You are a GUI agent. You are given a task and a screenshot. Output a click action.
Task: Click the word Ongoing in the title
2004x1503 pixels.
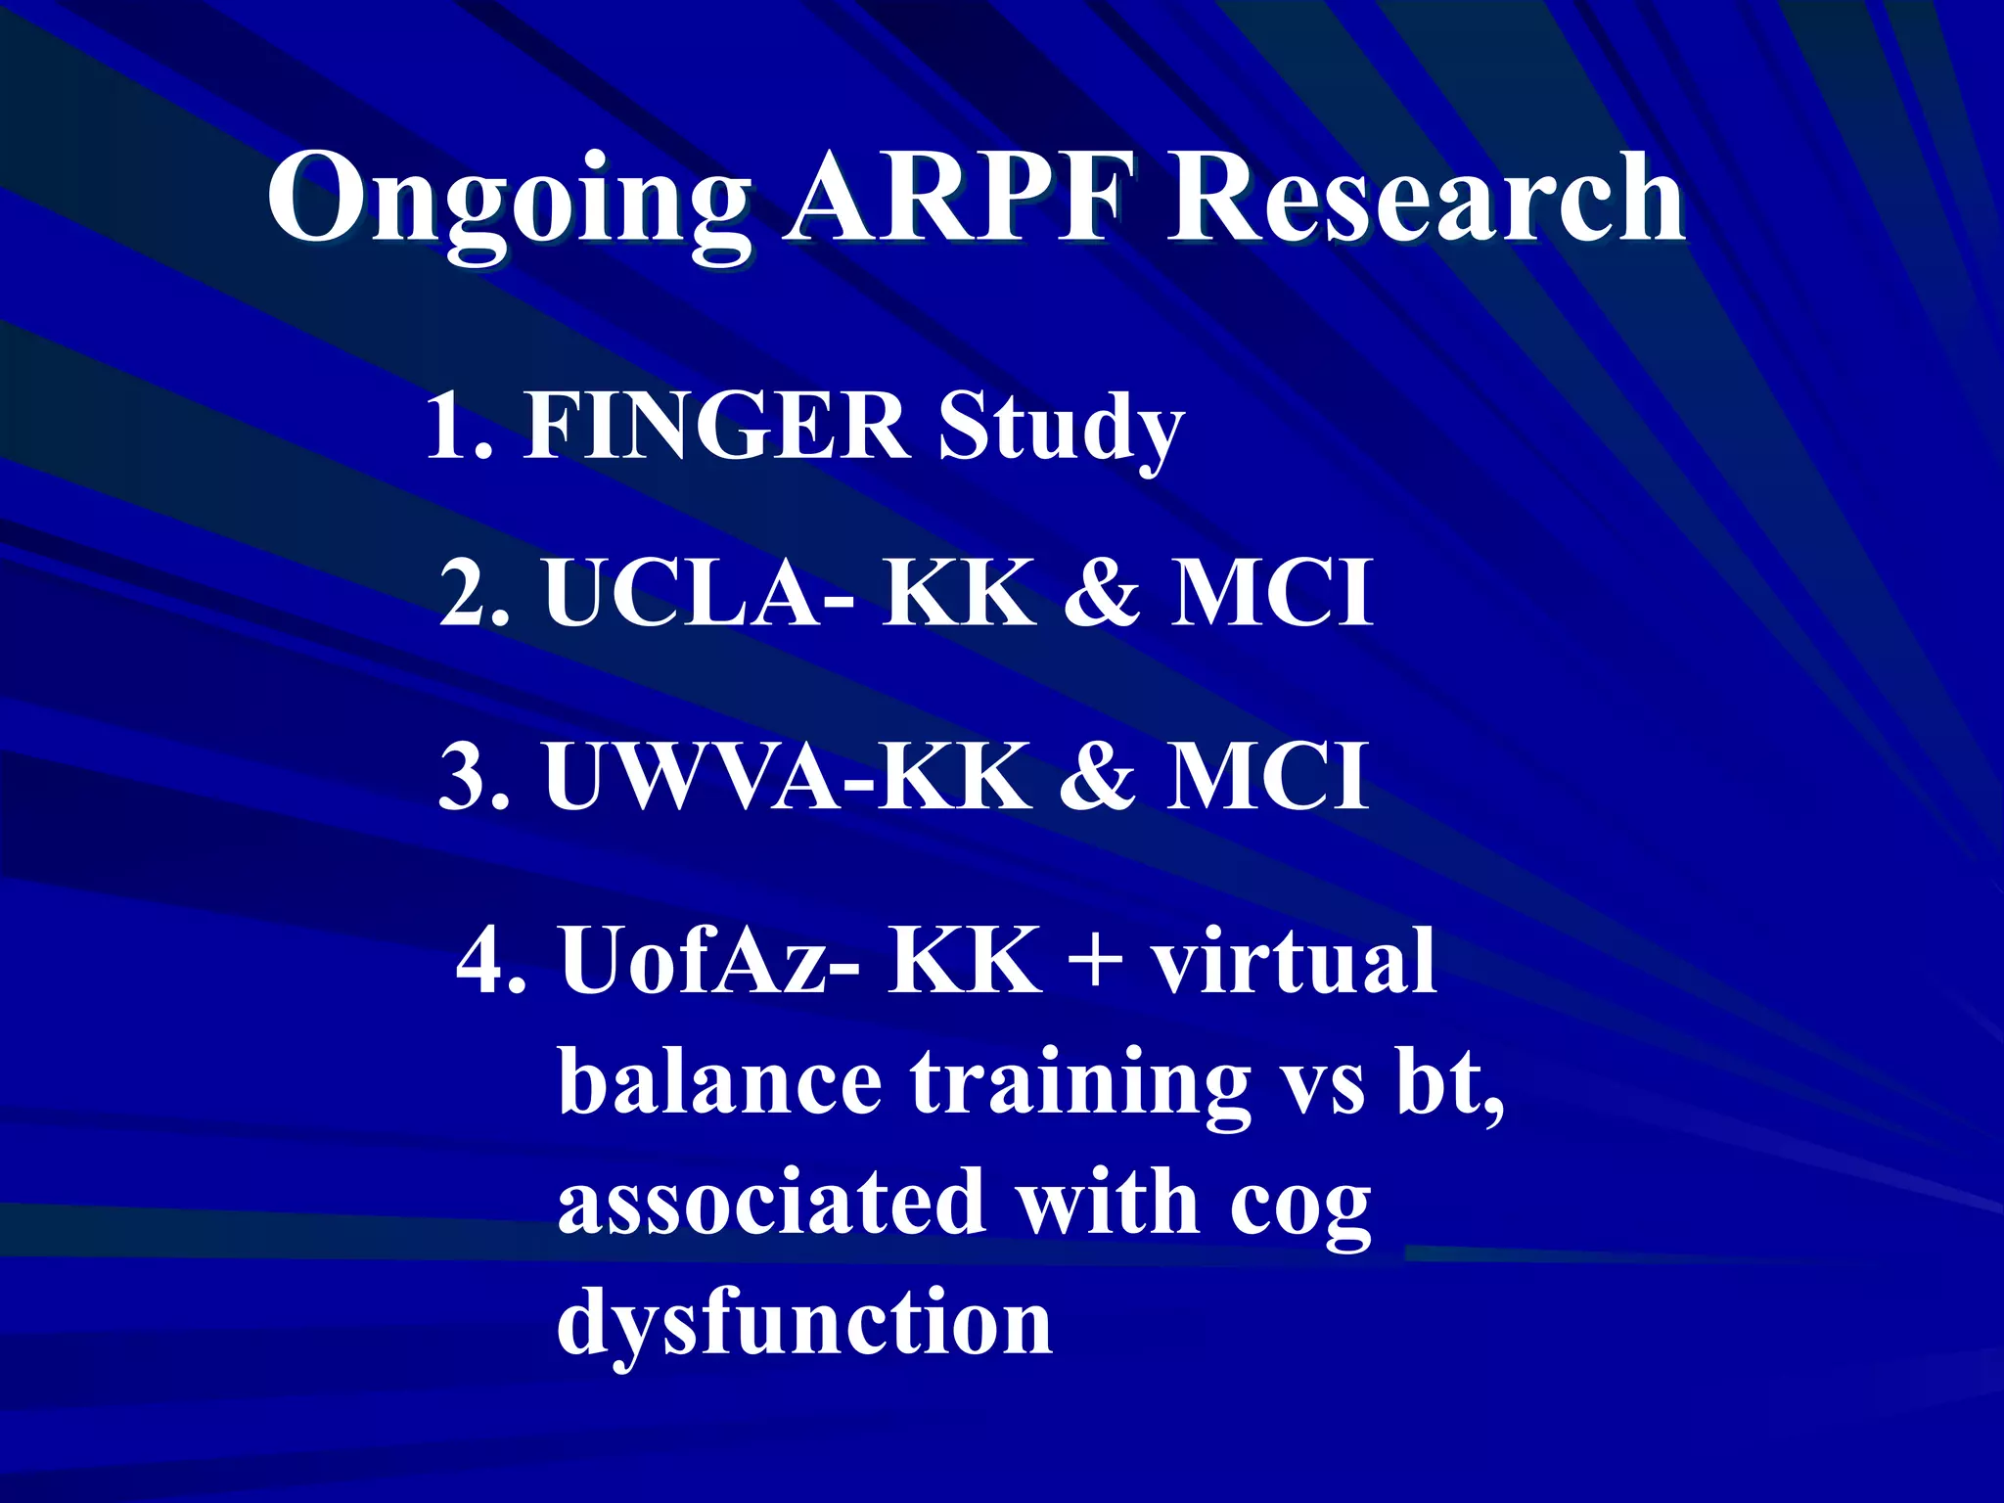(x=508, y=201)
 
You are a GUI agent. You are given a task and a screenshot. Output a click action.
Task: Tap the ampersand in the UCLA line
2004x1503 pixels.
(x=1102, y=592)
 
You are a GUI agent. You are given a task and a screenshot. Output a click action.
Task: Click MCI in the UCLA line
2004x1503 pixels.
(x=1272, y=592)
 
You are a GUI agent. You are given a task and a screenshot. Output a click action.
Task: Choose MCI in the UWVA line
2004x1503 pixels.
(x=1267, y=776)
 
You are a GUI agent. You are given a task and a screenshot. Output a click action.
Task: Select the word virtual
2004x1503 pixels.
(x=1293, y=960)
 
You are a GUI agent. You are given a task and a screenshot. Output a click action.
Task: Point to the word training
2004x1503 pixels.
(x=1080, y=1084)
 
